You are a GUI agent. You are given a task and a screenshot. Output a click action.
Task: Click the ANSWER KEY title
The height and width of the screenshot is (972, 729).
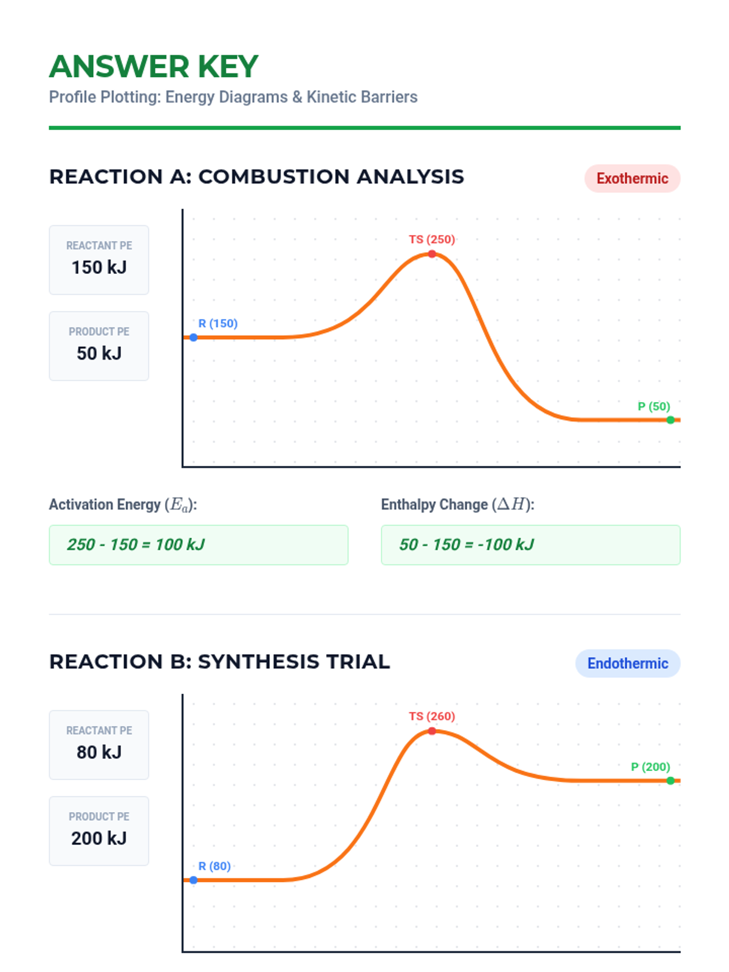(154, 67)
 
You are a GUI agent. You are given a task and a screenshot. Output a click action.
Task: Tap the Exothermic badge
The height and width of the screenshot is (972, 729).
(632, 179)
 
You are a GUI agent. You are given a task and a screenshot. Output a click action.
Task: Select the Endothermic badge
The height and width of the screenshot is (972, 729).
(628, 663)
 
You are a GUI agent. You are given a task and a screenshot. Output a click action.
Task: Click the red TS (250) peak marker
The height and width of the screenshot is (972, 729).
(432, 254)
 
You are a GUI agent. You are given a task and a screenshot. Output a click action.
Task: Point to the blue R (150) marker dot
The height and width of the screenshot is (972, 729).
(193, 337)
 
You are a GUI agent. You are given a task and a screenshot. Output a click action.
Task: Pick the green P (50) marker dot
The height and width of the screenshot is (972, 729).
(670, 420)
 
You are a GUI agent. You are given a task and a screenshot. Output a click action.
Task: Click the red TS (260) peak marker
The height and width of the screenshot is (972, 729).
(432, 731)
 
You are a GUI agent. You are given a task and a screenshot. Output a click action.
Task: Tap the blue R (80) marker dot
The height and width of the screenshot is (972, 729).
(193, 880)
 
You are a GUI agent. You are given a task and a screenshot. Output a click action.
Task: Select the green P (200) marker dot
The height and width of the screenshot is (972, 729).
(670, 781)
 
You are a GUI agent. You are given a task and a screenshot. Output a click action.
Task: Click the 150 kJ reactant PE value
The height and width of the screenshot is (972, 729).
(99, 267)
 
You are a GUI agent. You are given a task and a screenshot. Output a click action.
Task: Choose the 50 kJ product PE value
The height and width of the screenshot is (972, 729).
(99, 354)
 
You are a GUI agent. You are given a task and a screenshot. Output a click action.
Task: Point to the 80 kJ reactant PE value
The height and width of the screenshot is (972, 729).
(99, 752)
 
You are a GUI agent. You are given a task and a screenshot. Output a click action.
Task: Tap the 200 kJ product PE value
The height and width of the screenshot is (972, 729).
(99, 838)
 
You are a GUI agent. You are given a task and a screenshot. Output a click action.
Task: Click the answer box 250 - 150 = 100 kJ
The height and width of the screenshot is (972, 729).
(198, 545)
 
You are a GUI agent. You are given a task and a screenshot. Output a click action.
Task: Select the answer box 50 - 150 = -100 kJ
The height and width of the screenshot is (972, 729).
(530, 545)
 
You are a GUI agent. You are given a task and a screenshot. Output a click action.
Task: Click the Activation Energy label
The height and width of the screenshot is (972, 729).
(123, 505)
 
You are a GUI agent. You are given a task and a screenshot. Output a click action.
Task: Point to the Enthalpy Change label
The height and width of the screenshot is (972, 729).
(457, 505)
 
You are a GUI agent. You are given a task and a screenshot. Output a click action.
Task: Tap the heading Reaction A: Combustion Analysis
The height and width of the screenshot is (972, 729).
(256, 177)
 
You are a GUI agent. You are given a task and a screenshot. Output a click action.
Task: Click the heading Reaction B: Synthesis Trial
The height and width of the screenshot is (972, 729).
(219, 662)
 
